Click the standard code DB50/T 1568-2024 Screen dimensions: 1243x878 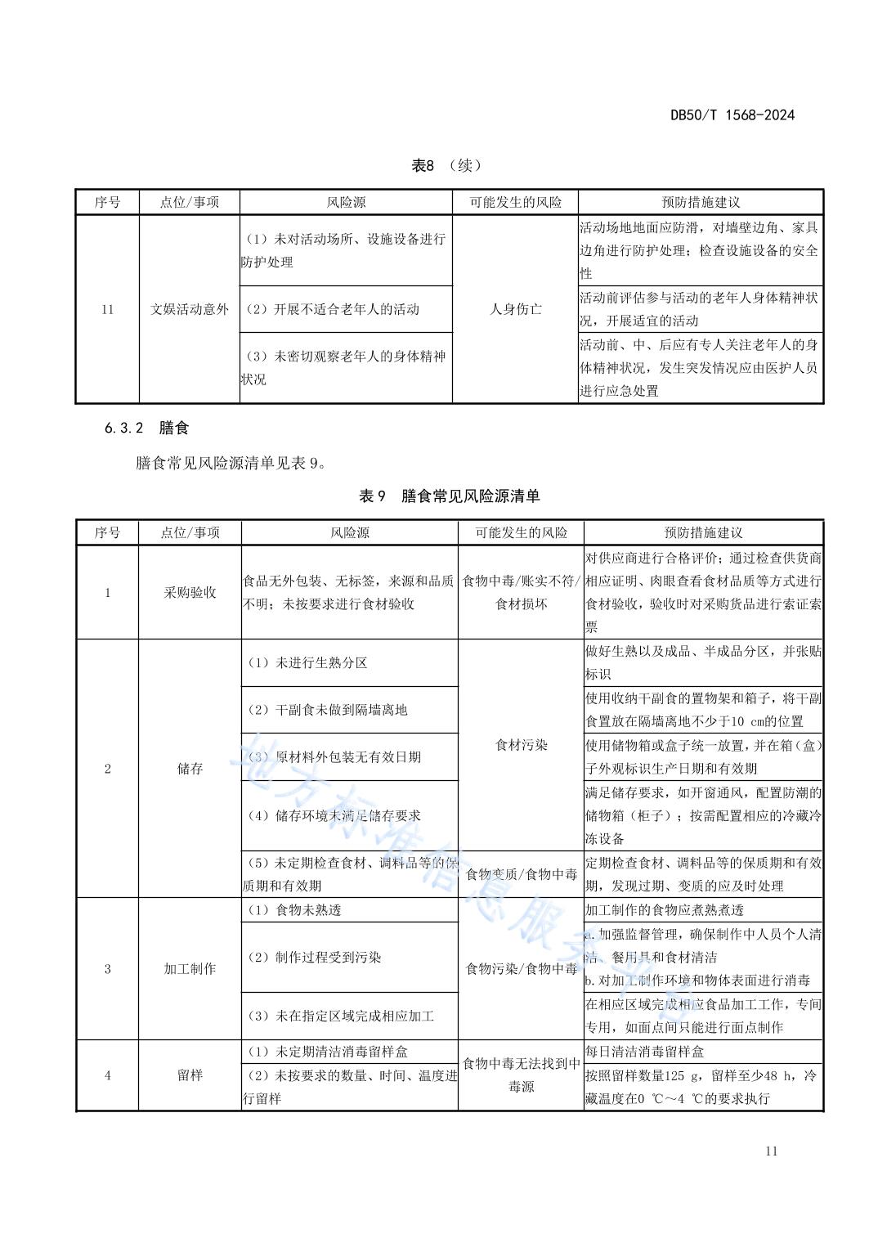732,115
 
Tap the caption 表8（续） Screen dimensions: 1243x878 446,166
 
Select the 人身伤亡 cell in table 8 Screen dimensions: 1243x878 515,309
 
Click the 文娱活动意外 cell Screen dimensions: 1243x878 189,309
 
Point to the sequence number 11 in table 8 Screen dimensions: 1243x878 107,309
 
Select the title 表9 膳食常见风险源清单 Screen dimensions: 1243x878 449,496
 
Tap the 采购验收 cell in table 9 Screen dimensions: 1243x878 190,593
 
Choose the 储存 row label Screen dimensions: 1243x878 190,769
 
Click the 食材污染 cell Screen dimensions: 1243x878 521,745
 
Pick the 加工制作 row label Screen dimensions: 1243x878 190,969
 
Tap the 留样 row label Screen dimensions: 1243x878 190,1075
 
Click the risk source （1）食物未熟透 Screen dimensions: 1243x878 294,910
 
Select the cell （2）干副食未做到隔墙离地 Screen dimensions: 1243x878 327,710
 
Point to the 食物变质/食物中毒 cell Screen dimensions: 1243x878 521,874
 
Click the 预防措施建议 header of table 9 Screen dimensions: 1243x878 703,532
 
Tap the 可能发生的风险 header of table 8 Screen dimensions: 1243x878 515,202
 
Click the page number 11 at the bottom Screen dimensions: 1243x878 771,1151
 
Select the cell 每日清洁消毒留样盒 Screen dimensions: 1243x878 644,1052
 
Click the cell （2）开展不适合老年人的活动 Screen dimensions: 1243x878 333,309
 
